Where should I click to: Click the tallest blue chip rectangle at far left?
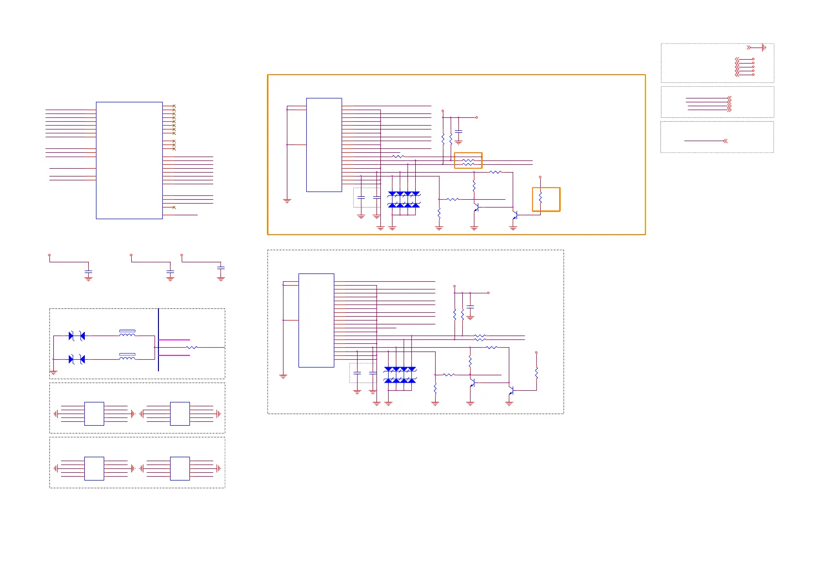[129, 160]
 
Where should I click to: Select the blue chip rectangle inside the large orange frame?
[324, 144]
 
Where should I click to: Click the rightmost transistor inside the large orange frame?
[515, 214]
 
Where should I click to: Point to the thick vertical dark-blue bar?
[158, 339]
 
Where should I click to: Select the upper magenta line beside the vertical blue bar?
[174, 340]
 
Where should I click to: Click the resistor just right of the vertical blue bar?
[192, 348]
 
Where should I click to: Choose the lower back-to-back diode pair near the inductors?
[77, 359]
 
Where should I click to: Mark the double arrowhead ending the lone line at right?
[725, 141]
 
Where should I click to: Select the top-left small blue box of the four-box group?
[94, 414]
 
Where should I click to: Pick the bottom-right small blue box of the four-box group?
[180, 468]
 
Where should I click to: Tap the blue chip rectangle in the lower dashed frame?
[316, 320]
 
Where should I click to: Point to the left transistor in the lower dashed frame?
[472, 383]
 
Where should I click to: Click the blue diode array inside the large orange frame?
[404, 200]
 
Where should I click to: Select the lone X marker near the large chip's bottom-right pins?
[174, 208]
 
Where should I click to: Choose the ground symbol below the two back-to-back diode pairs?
[53, 372]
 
